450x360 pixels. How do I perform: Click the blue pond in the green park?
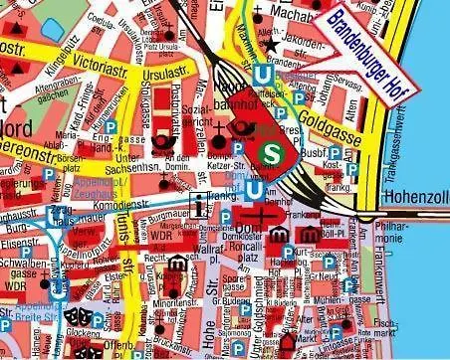51,29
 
